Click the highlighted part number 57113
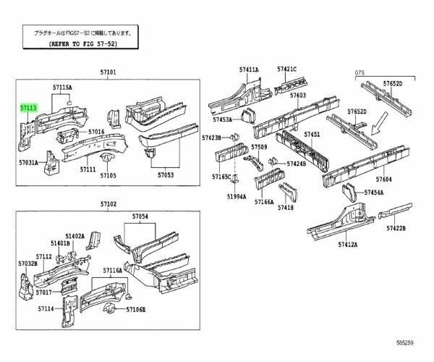30,106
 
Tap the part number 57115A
61,86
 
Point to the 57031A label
29,164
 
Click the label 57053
165,174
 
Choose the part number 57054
140,216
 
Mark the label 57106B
135,309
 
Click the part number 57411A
249,70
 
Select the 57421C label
286,70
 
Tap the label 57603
298,95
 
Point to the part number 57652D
393,84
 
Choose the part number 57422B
396,228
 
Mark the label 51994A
236,196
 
